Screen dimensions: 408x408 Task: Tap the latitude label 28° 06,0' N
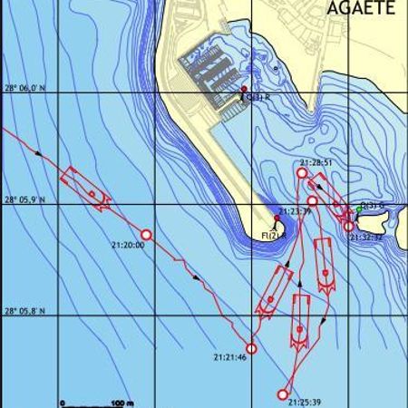click(24, 88)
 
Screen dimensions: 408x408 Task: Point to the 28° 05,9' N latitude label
click(24, 199)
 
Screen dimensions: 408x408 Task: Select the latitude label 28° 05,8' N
click(24, 311)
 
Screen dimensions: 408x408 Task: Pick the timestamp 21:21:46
click(229, 357)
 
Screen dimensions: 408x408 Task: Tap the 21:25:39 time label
click(307, 400)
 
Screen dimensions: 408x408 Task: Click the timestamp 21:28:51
click(315, 163)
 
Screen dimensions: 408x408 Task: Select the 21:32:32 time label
click(366, 237)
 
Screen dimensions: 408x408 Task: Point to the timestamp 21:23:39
click(295, 211)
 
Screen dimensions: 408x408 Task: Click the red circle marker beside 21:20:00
click(146, 235)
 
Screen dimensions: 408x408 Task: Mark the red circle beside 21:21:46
click(251, 348)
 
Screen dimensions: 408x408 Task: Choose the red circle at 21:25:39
click(283, 393)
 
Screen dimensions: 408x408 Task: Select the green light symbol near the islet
click(359, 209)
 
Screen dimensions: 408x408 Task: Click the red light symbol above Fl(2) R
click(277, 219)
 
